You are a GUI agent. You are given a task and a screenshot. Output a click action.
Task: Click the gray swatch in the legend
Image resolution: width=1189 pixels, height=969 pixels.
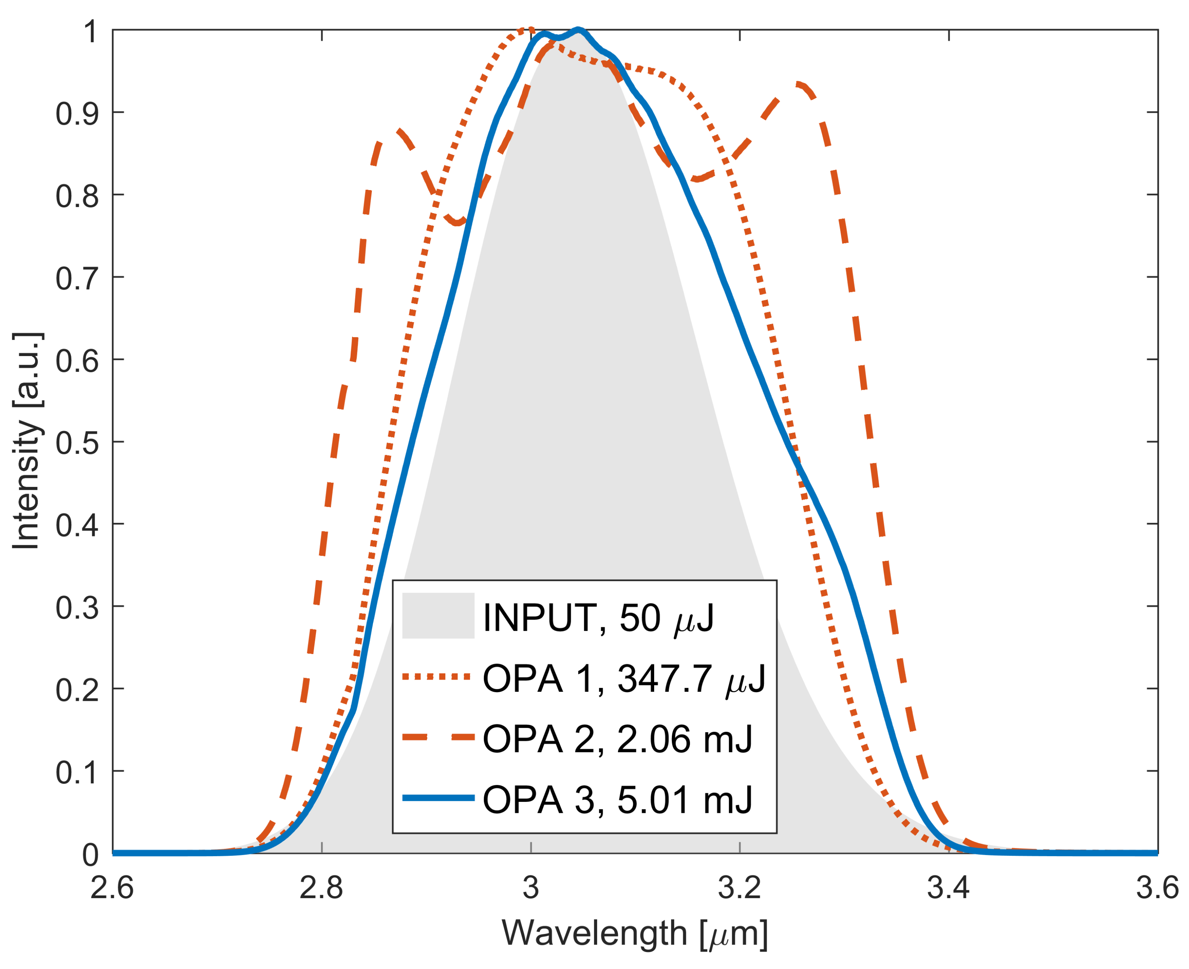point(438,615)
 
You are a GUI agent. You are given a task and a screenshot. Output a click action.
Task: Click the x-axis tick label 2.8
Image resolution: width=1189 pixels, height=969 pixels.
point(321,888)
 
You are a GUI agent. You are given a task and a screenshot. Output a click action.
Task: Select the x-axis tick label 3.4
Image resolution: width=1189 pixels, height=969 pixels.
point(948,888)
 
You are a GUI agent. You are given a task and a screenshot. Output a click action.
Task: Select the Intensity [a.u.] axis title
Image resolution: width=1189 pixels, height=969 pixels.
point(26,441)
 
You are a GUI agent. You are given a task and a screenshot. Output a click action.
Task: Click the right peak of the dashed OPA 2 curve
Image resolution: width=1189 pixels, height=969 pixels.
point(800,85)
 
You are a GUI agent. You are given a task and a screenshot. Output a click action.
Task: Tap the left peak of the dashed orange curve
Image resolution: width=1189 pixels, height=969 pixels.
point(397,132)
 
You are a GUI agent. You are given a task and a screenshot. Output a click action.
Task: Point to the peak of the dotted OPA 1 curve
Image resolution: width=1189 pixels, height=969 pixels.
point(527,29)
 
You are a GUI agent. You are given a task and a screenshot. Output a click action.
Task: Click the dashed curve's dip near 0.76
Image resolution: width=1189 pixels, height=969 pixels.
point(458,223)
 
